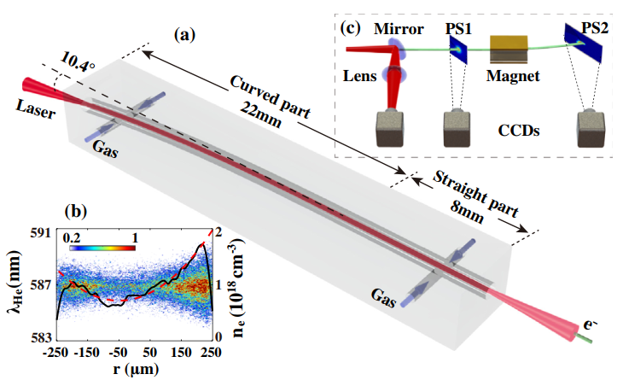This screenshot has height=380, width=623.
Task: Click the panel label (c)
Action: [352, 28]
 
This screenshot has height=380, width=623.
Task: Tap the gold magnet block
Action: [509, 49]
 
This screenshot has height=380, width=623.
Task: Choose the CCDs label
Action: [521, 133]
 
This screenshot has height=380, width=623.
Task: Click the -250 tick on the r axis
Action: [57, 352]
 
